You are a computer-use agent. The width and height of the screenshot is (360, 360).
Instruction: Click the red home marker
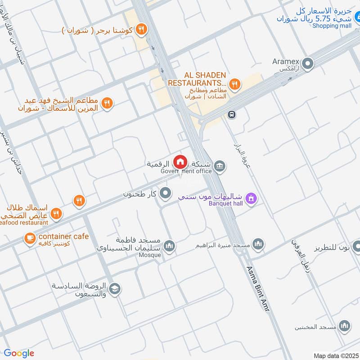point(180,162)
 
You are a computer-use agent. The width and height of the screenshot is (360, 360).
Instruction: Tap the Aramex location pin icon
point(308,64)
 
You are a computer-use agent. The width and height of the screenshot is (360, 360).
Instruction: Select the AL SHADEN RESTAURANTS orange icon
point(234,83)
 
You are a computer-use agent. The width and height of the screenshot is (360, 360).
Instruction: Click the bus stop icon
point(232,114)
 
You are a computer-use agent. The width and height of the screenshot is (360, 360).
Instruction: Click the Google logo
point(19,353)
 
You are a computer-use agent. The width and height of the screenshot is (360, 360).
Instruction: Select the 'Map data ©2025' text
point(335,355)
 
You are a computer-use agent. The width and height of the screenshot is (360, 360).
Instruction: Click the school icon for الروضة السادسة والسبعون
point(115,289)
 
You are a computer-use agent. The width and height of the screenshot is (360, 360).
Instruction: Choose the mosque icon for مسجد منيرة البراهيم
point(257,244)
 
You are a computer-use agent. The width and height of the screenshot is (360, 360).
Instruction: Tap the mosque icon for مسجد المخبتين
point(345,326)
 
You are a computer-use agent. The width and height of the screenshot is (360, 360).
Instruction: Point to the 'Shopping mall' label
point(332,26)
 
